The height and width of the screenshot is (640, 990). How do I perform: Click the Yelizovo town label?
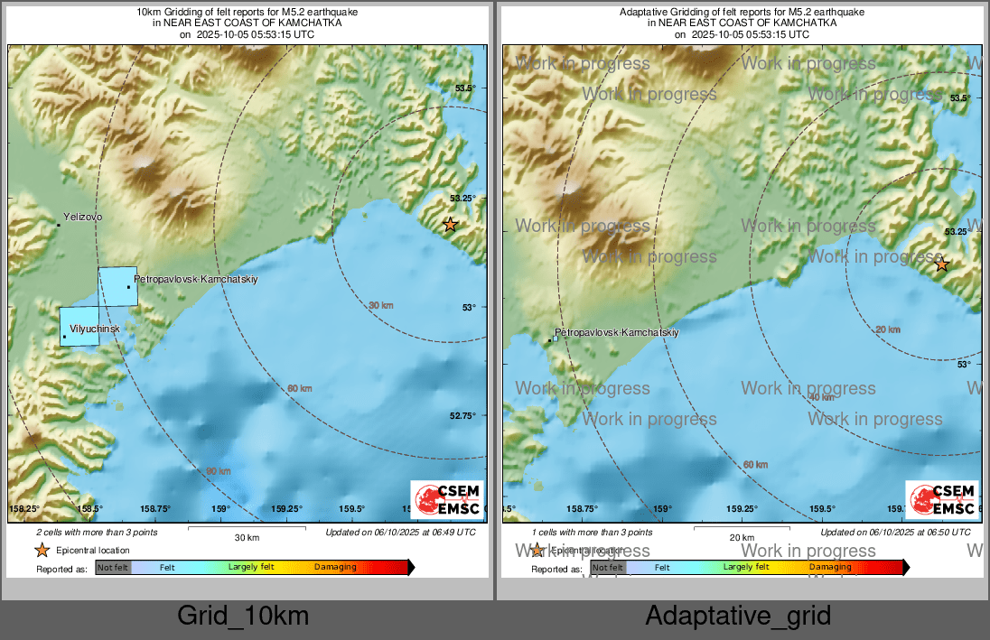pos(82,218)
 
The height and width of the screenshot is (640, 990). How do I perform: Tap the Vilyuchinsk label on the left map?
pos(94,329)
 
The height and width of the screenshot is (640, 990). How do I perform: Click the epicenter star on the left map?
pos(450,225)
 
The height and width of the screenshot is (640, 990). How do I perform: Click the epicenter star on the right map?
pos(942,264)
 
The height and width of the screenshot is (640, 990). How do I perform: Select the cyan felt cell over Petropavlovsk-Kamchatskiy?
pos(117,286)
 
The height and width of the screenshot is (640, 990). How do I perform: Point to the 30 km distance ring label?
pos(381,306)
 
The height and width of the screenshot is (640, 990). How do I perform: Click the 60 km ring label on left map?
pos(300,388)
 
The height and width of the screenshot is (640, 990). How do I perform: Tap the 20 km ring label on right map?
pos(888,329)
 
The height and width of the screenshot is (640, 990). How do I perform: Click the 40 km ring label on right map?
pos(821,397)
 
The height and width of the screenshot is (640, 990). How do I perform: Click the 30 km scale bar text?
pos(247,537)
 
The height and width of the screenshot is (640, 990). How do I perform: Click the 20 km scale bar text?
pos(742,537)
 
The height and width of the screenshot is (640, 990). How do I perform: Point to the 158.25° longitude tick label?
pos(24,509)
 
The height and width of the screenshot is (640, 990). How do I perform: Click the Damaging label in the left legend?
pos(335,567)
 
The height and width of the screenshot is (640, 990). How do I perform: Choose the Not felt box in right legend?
pos(608,567)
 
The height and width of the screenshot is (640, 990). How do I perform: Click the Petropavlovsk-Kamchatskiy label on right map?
pos(616,332)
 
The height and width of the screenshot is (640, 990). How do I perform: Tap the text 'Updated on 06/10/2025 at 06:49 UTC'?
pos(400,533)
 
